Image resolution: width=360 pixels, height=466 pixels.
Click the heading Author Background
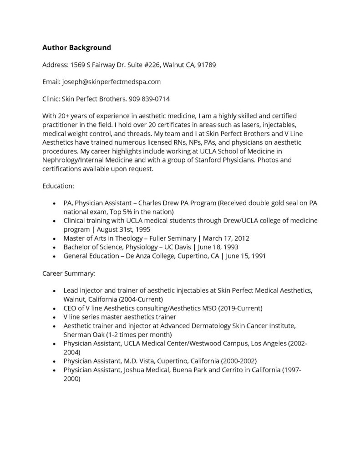point(76,47)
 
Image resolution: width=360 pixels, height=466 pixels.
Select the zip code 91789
point(206,65)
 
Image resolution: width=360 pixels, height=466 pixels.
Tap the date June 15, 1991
point(246,256)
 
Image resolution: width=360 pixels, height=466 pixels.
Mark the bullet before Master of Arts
point(55,238)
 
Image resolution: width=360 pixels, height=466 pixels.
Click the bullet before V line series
point(55,317)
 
